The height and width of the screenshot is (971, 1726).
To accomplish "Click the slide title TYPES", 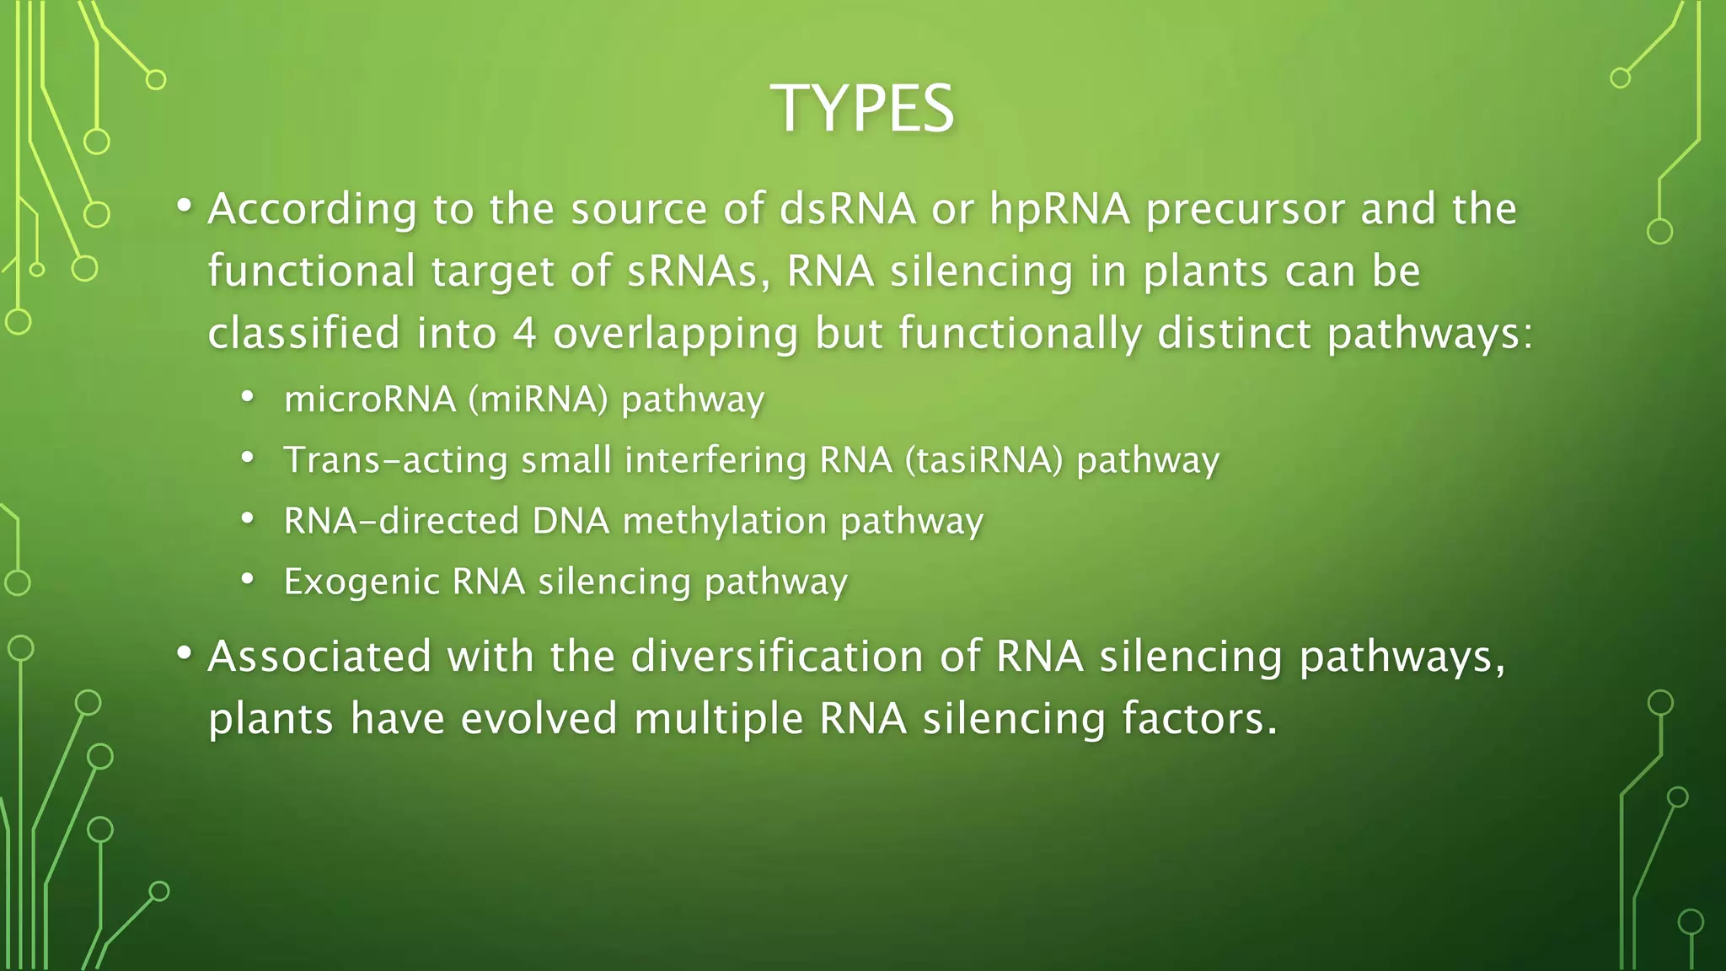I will (862, 109).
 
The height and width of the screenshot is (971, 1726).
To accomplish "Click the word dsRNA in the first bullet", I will (848, 209).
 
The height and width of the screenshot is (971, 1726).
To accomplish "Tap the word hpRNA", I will (1059, 209).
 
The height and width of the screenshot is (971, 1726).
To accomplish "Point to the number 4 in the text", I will (524, 333).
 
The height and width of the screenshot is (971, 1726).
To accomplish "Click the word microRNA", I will (370, 399).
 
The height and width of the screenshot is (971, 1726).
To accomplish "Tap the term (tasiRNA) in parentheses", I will (984, 460).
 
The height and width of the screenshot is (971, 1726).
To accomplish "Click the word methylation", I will (724, 521).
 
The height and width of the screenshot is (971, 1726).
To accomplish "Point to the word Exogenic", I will (362, 582).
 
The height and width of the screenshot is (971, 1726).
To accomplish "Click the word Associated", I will (319, 656).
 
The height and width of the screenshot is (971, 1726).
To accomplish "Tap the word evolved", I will (539, 719).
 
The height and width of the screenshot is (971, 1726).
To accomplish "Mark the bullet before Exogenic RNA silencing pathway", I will (247, 579).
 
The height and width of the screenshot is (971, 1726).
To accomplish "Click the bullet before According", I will (185, 207).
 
